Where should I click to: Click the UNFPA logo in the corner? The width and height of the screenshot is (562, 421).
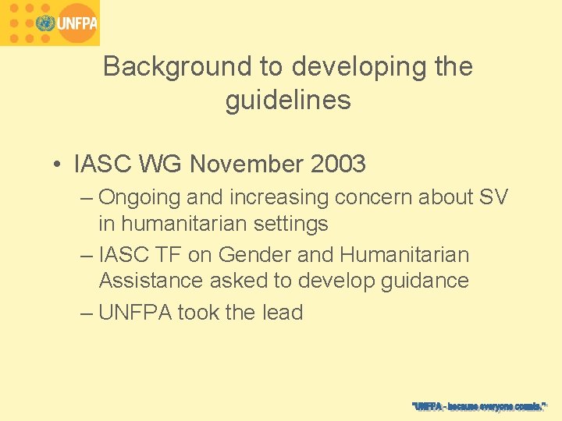(50, 23)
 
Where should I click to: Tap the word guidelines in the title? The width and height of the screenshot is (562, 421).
(288, 101)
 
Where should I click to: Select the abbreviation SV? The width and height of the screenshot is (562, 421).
(493, 198)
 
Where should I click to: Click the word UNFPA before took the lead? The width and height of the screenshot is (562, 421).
(136, 313)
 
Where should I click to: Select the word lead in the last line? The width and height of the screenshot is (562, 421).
(282, 313)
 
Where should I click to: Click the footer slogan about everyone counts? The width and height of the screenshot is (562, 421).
(479, 406)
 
